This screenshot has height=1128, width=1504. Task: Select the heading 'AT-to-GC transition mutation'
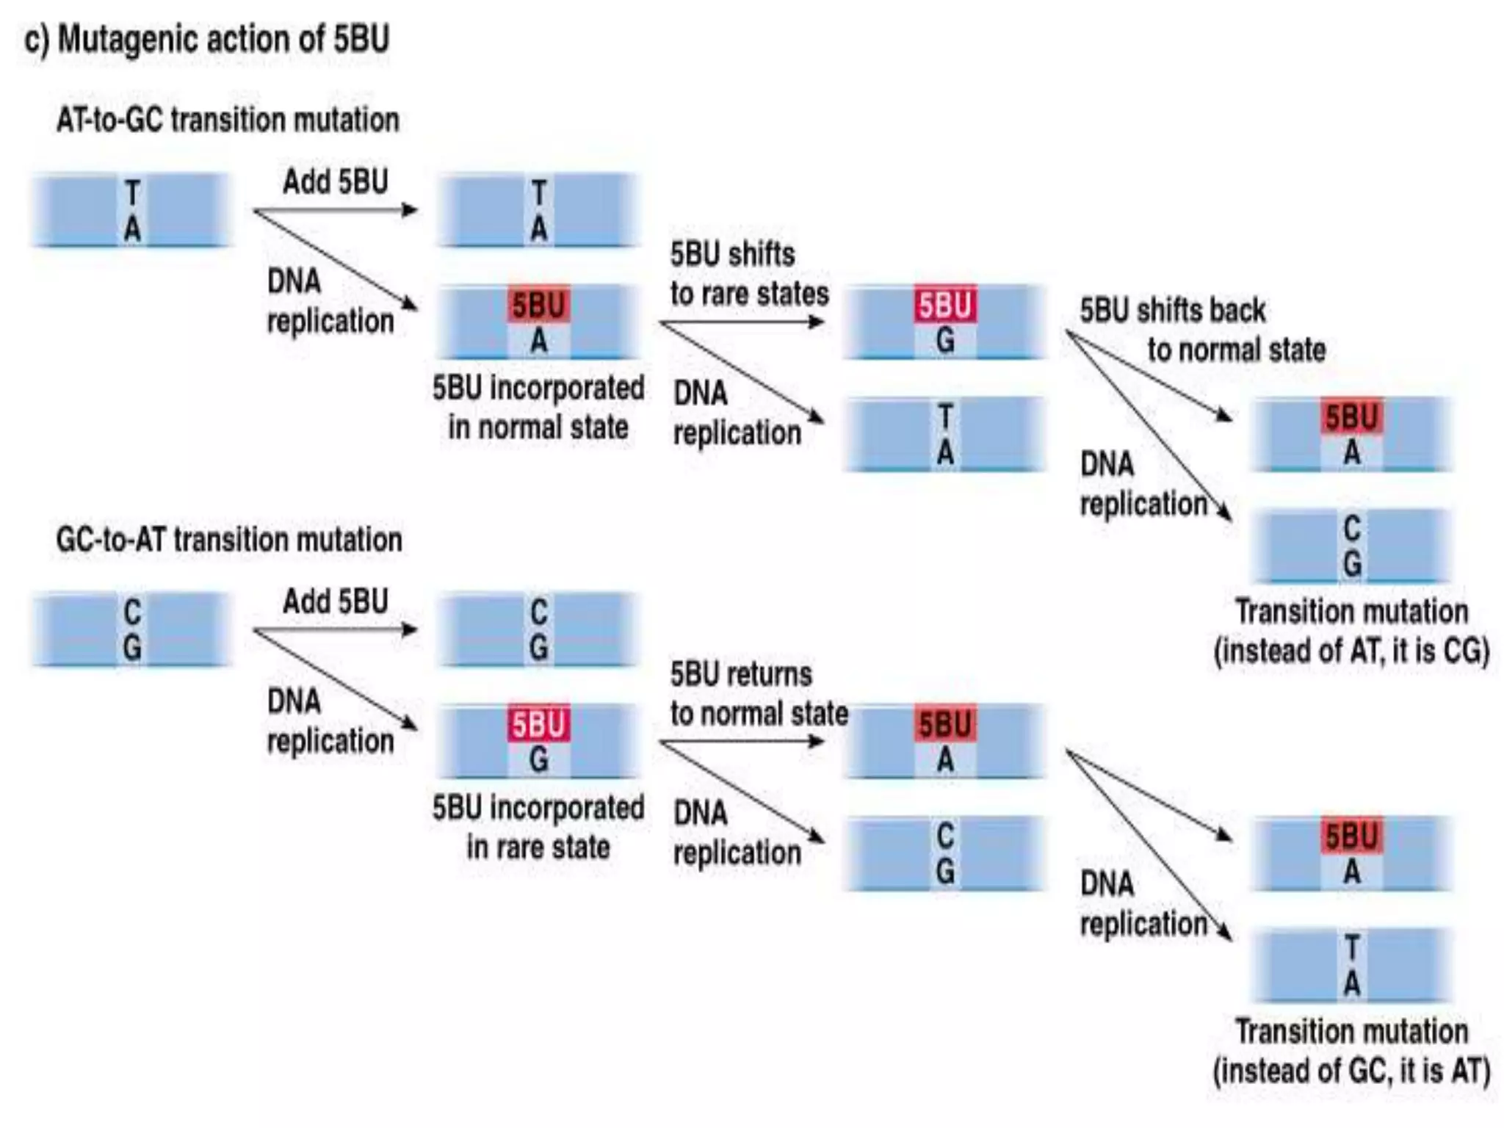(228, 120)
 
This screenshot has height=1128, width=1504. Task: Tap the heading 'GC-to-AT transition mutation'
(229, 540)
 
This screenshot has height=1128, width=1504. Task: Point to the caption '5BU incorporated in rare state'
(538, 828)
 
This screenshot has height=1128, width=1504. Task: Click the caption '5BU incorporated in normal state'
(538, 408)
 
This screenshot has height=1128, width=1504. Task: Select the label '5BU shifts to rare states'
(749, 274)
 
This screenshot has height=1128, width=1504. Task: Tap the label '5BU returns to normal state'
(759, 694)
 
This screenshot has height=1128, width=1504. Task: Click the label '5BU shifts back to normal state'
(1203, 330)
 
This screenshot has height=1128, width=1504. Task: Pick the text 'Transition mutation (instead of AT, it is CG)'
(1351, 632)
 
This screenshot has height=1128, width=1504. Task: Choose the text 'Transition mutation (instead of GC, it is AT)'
(1351, 1051)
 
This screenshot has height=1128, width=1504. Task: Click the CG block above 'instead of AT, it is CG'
(1351, 546)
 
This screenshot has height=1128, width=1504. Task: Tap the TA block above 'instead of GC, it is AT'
(1351, 966)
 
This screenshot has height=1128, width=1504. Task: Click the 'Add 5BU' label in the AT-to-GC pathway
(336, 181)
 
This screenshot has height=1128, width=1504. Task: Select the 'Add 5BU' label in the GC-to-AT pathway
(336, 601)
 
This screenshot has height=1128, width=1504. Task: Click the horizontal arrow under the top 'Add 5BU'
(336, 211)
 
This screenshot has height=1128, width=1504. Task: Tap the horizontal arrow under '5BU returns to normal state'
(742, 742)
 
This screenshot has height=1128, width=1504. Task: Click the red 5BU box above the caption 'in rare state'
(538, 725)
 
